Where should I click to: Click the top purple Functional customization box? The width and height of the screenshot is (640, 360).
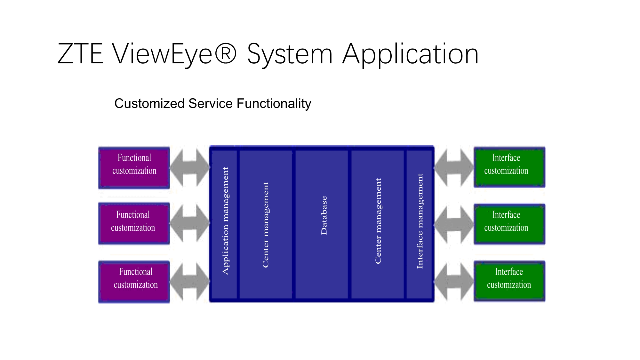point(134,168)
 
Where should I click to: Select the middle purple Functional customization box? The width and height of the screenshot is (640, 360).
point(134,224)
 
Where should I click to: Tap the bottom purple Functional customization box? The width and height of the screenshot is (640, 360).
point(134,282)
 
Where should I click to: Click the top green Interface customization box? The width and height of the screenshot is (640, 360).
point(509,167)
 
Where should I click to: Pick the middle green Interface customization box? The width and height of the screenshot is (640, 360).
point(509,224)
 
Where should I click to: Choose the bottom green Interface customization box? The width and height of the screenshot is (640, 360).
point(509,281)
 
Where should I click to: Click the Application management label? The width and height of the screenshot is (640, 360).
point(226,221)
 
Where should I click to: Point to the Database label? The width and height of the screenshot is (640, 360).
point(324,215)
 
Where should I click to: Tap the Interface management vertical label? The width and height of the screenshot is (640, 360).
point(420,221)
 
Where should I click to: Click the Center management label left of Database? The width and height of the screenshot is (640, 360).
point(266,225)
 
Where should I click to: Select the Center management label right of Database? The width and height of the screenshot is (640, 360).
point(378,221)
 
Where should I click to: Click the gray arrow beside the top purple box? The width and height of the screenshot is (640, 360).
point(190,167)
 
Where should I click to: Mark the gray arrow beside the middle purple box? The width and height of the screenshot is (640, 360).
point(190,223)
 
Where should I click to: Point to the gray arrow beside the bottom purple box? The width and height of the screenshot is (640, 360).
point(190,282)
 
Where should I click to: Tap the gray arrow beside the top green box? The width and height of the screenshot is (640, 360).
point(454,167)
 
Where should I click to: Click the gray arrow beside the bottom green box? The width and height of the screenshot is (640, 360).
point(454,282)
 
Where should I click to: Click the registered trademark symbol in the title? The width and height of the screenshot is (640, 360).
point(226,53)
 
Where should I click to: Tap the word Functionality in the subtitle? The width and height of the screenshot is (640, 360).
point(274,104)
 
